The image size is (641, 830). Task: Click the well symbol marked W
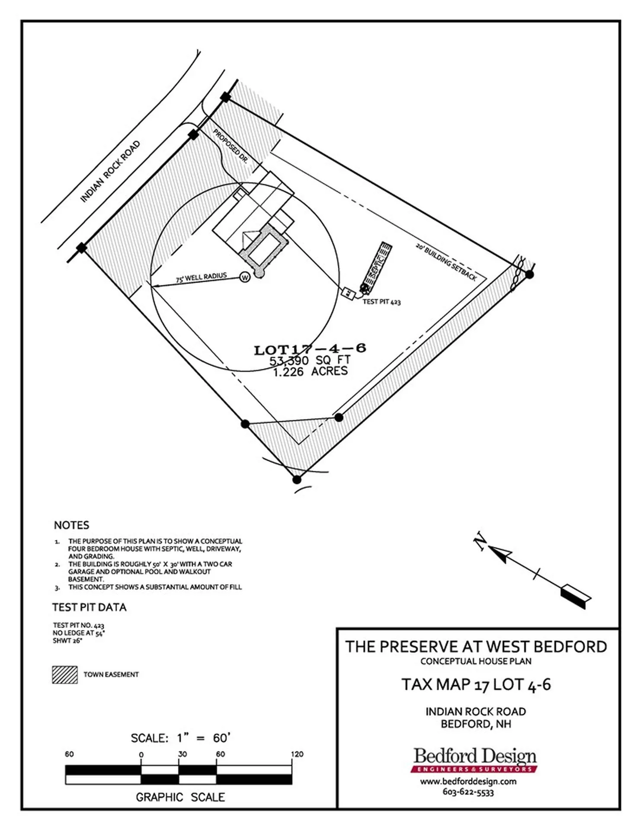point(245,277)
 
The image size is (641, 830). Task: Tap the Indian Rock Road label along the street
point(111,172)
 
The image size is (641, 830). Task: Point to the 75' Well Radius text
point(201,277)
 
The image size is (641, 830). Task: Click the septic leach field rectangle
point(377,265)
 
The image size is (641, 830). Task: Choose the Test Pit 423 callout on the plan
point(381,302)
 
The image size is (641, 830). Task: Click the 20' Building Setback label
point(446,262)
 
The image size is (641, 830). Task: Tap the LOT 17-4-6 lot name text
point(310,348)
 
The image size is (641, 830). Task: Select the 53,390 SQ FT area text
point(310,360)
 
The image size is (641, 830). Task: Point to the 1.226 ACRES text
point(311,371)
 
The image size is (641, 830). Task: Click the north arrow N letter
point(481,541)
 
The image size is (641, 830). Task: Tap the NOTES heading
point(71,525)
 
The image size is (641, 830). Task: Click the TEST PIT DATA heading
point(89,607)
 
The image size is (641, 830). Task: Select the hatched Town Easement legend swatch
point(65,674)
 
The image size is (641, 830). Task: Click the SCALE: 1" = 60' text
point(181,738)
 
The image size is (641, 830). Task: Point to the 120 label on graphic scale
point(297,754)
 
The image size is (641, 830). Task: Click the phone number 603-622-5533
point(468,792)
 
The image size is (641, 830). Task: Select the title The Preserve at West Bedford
point(476,647)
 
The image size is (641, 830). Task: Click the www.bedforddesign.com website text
point(468,781)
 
